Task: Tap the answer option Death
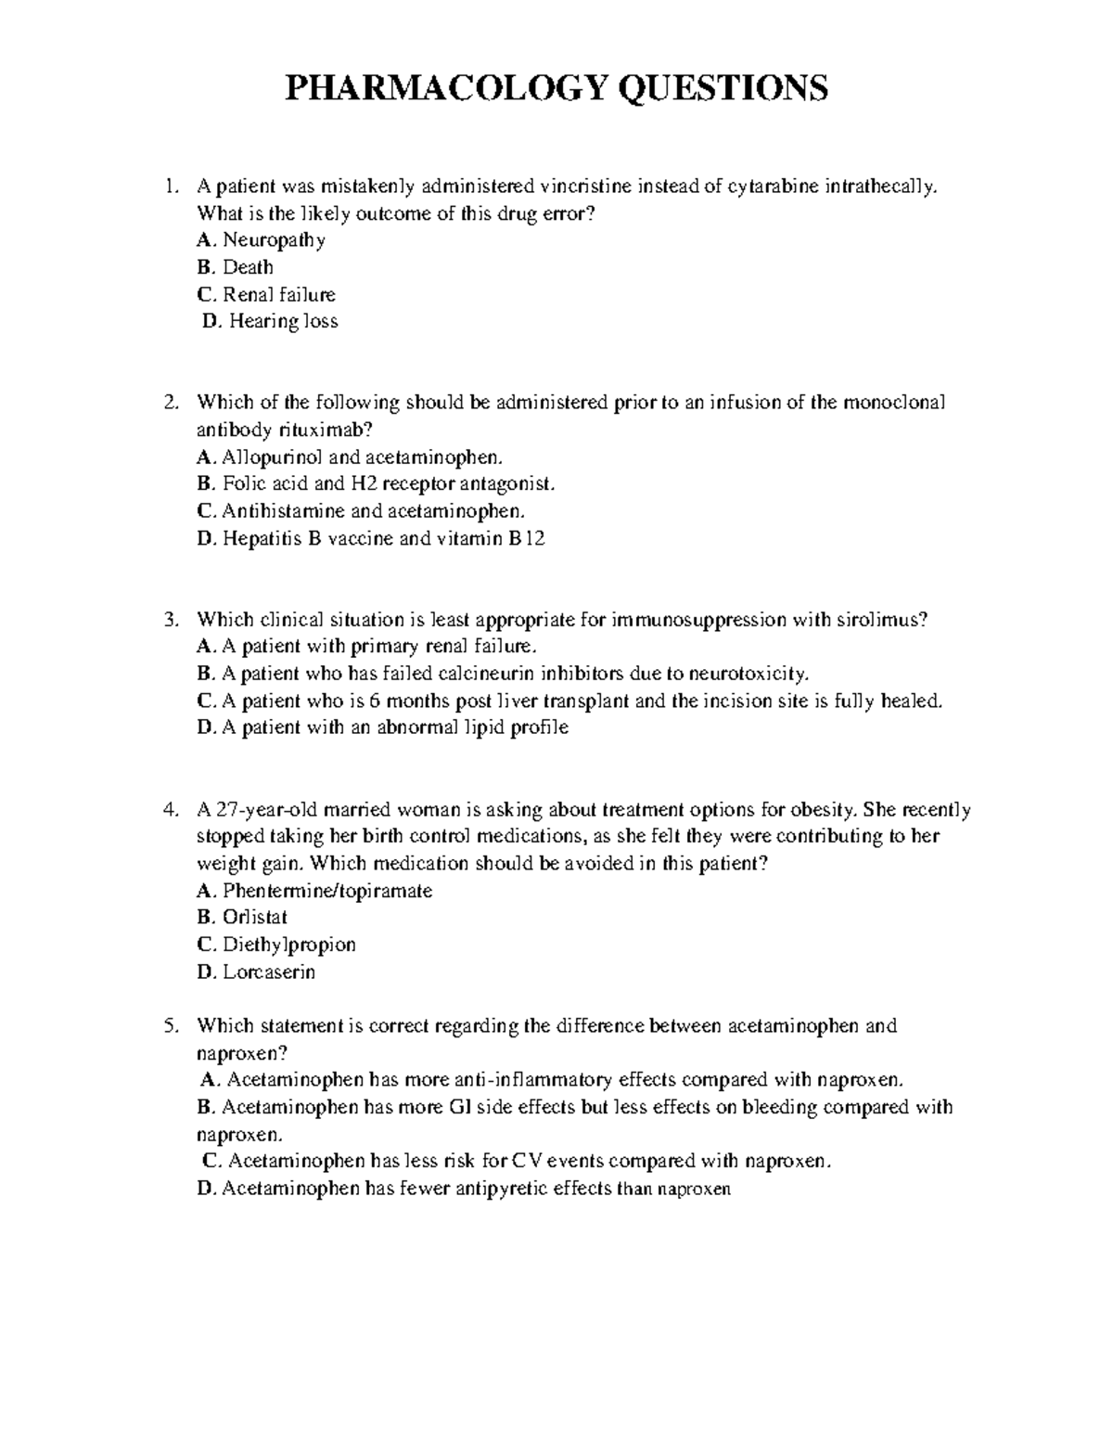[x=248, y=267]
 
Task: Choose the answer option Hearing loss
[x=283, y=321]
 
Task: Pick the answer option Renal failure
[x=278, y=294]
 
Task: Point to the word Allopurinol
[x=266, y=457]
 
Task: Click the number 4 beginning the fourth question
[x=170, y=809]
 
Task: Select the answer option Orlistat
[x=255, y=917]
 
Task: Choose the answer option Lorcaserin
[x=269, y=971]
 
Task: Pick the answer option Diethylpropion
[x=288, y=945]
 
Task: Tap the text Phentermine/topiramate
[x=327, y=891]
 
